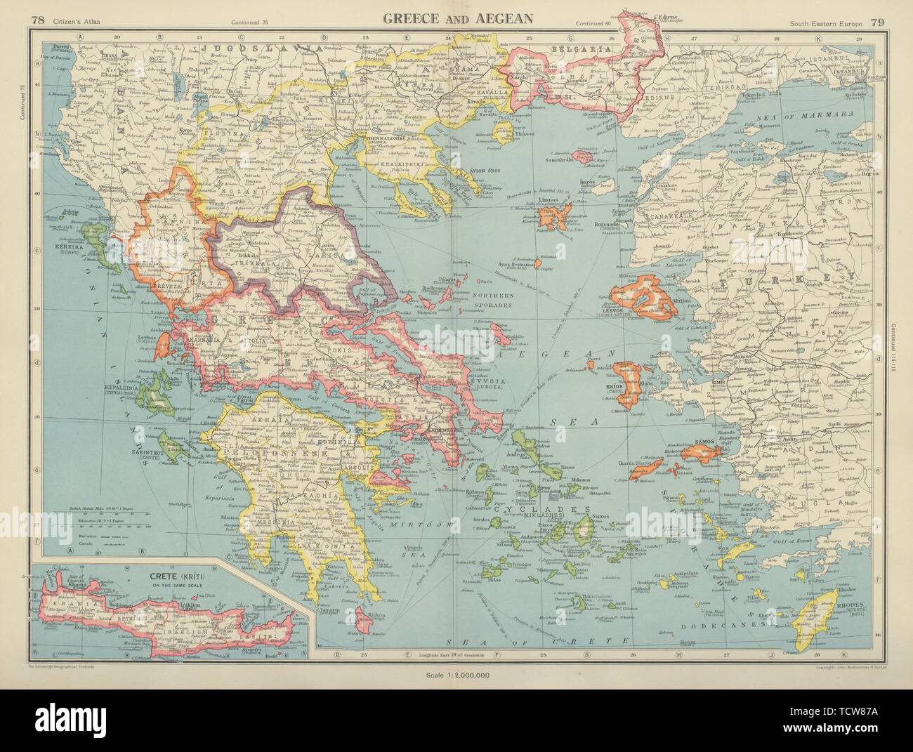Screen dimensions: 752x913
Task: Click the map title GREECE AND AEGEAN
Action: tap(456, 18)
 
